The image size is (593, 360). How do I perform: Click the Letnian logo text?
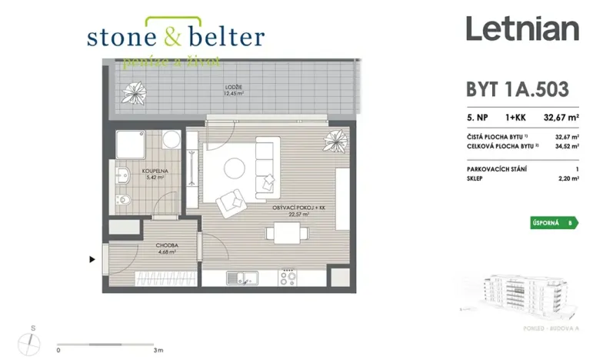[521, 30]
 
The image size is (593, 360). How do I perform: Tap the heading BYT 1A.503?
[518, 89]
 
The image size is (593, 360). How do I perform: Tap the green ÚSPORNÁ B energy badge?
[553, 223]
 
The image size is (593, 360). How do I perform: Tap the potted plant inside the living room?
[335, 142]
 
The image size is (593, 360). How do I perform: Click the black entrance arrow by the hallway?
[93, 260]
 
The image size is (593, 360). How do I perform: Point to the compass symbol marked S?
[32, 338]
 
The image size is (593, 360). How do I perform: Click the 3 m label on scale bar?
[158, 350]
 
